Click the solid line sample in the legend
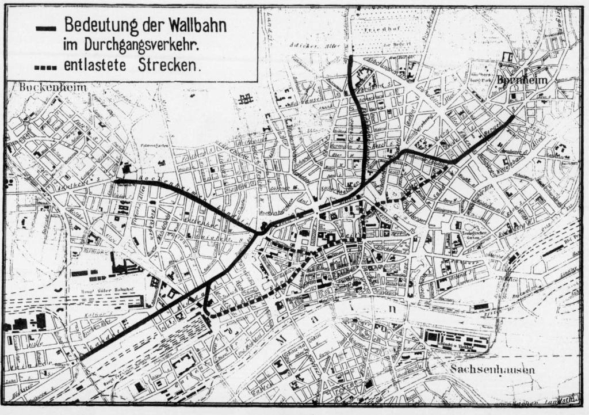[46, 27]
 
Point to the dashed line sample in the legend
[46, 67]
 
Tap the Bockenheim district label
[52, 87]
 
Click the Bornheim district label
[522, 80]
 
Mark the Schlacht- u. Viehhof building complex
[457, 340]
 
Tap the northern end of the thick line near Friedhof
[351, 58]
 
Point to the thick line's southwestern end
[81, 359]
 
